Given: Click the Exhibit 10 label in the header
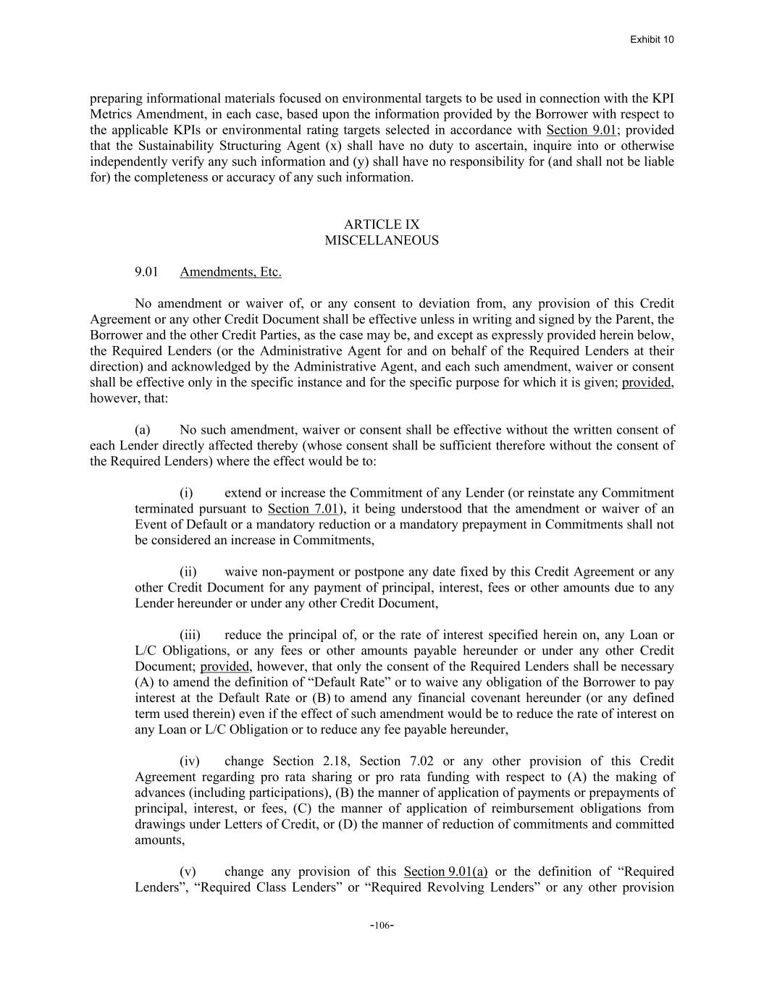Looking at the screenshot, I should click(652, 39).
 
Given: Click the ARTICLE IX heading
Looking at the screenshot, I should click(382, 224).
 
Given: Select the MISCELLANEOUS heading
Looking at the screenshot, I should click(382, 240).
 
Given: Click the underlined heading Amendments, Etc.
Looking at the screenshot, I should click(230, 272).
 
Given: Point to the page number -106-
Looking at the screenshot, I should click(382, 925).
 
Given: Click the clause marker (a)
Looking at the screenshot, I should click(142, 430).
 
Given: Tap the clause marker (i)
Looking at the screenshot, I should click(187, 494).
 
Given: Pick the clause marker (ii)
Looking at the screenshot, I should click(188, 572).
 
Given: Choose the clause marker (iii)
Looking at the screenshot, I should click(190, 636).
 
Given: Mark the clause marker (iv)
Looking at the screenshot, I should click(190, 761).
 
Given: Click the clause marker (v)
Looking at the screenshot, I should click(188, 871).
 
